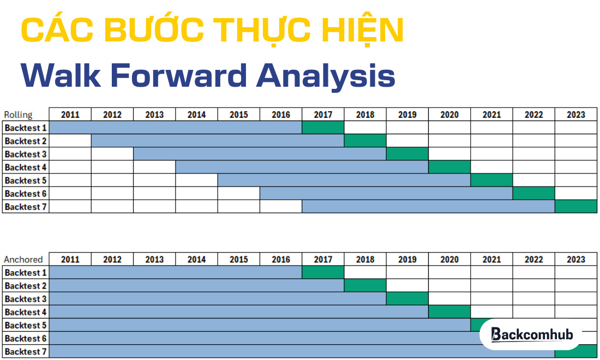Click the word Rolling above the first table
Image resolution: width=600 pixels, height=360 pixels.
pyautogui.click(x=18, y=115)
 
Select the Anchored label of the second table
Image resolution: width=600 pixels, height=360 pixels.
pyautogui.click(x=22, y=260)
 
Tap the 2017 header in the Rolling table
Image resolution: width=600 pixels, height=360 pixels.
pyautogui.click(x=323, y=115)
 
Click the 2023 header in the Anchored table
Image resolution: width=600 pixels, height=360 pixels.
pyautogui.click(x=575, y=260)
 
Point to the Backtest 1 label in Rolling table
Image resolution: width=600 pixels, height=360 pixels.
pyautogui.click(x=26, y=128)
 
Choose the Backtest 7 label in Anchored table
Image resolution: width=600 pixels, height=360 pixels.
pyautogui.click(x=26, y=352)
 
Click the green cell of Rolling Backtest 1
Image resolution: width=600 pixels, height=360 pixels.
pyautogui.click(x=323, y=128)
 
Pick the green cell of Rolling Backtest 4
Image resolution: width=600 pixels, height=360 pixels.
pyautogui.click(x=449, y=167)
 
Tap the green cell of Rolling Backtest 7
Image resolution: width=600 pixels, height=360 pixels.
pyautogui.click(x=575, y=207)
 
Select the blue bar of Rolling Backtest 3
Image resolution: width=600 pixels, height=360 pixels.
pyautogui.click(x=260, y=154)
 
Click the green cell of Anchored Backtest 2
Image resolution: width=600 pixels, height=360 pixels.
pyautogui.click(x=365, y=286)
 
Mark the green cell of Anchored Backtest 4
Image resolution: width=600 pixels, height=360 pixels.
pyautogui.click(x=449, y=312)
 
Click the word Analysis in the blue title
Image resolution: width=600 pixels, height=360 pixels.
pyautogui.click(x=326, y=75)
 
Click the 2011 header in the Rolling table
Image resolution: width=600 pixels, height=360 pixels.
pyautogui.click(x=70, y=115)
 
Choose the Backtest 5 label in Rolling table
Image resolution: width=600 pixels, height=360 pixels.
pyautogui.click(x=26, y=181)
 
